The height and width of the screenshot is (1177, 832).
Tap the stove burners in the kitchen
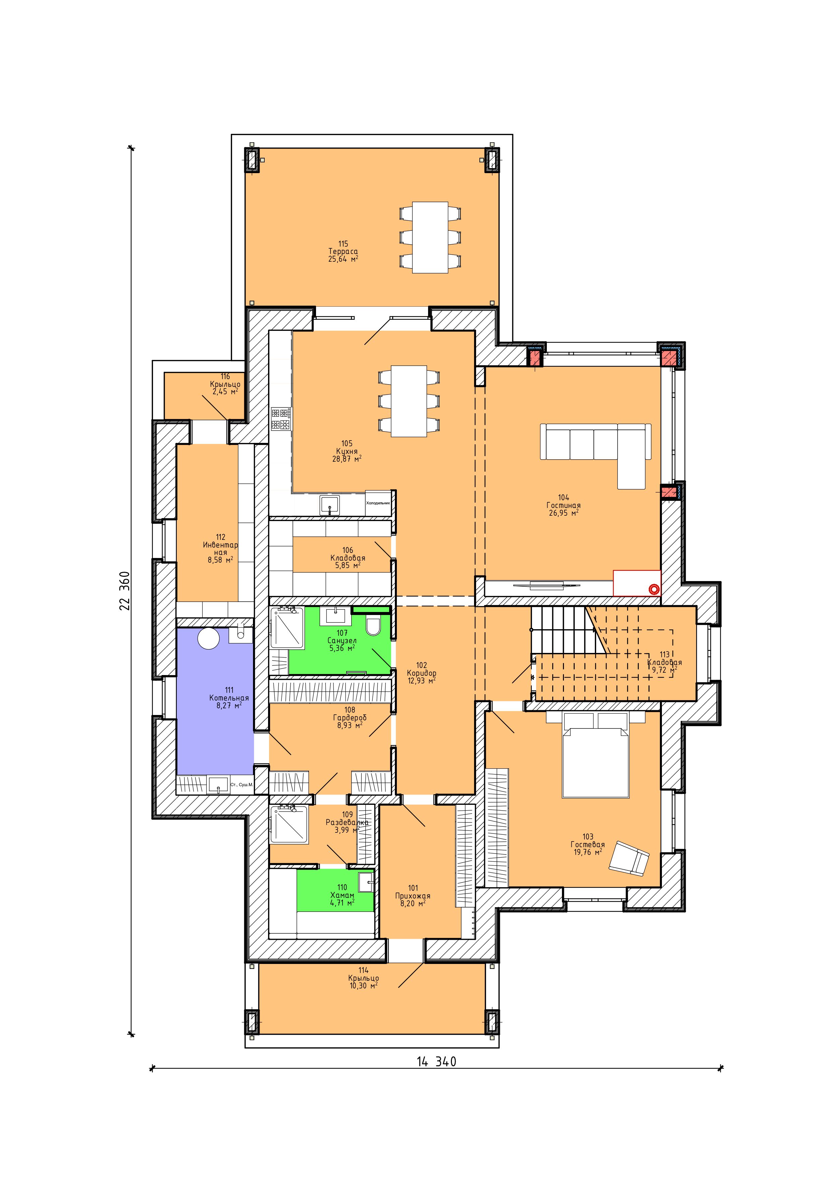click(281, 419)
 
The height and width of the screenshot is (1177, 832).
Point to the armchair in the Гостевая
click(629, 857)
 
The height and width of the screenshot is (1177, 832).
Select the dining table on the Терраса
click(430, 237)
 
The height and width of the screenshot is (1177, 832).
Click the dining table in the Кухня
click(409, 401)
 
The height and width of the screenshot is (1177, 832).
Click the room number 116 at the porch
click(225, 376)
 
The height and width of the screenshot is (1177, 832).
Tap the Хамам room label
click(342, 895)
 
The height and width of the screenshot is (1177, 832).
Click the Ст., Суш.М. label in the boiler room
click(242, 784)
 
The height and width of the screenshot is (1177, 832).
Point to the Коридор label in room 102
click(421, 673)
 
